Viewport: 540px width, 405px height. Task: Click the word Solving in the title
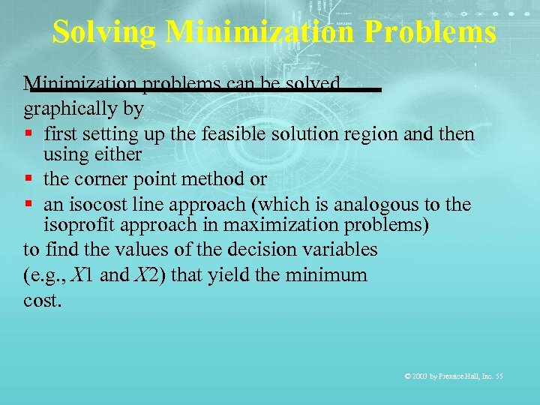click(x=103, y=32)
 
